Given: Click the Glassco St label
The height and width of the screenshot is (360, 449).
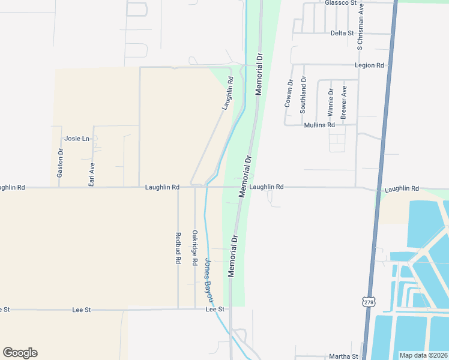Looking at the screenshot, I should (x=342, y=3).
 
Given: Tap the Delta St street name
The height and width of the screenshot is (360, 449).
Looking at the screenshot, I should (x=342, y=33).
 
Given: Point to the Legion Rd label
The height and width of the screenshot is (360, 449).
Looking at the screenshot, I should (x=369, y=65).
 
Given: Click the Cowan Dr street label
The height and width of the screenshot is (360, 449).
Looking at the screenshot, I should (x=289, y=93).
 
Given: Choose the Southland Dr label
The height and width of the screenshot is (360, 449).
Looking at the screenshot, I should (x=303, y=94).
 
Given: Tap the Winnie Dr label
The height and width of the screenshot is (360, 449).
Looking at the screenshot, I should (x=330, y=102).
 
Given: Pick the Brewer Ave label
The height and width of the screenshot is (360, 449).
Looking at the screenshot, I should (x=344, y=102).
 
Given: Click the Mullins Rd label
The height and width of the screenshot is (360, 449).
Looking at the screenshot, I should (x=319, y=125).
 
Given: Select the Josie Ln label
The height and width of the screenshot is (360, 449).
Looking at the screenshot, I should (x=77, y=139).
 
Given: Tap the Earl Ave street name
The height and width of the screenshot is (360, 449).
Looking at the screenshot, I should (x=92, y=174).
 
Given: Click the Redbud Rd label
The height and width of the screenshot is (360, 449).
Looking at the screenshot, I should (x=178, y=248).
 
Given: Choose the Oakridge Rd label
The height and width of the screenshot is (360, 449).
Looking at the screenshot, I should (x=194, y=247).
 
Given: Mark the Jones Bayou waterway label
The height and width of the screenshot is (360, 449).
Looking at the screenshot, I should (x=209, y=280).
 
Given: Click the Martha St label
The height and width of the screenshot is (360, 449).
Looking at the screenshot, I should (x=346, y=356).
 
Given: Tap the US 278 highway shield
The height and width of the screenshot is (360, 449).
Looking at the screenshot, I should (x=368, y=301).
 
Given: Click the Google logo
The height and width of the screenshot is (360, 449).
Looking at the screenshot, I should (x=20, y=353).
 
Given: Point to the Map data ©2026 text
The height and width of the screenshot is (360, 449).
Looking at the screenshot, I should (x=423, y=355).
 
